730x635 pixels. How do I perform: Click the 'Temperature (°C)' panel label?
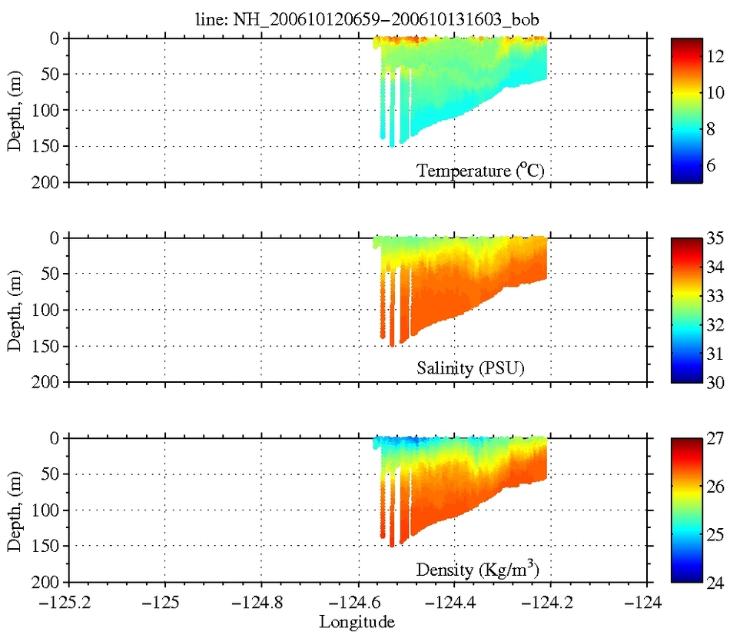[x=480, y=171]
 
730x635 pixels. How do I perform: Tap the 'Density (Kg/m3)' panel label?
[x=480, y=570]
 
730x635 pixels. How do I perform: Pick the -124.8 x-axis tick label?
[x=261, y=601]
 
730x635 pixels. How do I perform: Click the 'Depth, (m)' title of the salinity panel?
[x=15, y=310]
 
